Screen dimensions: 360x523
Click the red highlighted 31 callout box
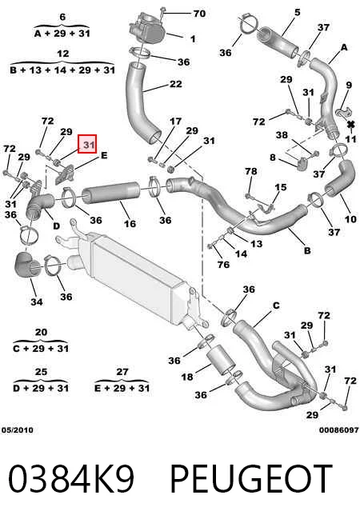[x=87, y=144]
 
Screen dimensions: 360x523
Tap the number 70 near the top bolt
[x=199, y=14]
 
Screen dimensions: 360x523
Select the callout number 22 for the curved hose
[x=176, y=84]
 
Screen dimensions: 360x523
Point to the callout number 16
[x=130, y=223]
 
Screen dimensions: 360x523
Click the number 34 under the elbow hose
[x=37, y=301]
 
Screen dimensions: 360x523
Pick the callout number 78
[x=251, y=171]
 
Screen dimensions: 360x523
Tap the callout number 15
[x=281, y=187]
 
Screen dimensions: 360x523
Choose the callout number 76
[x=223, y=265]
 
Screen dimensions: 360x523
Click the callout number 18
[x=187, y=377]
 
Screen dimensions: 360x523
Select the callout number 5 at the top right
[x=298, y=13]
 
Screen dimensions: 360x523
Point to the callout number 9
[x=349, y=85]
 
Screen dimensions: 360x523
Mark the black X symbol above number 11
[x=351, y=125]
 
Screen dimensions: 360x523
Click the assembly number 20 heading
[x=41, y=332]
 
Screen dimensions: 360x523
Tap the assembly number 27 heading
[x=122, y=372]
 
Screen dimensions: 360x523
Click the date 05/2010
[x=18, y=430]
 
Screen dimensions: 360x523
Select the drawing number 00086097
[x=338, y=430]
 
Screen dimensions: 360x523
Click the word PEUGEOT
[x=251, y=479]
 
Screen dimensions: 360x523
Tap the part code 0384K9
[x=71, y=479]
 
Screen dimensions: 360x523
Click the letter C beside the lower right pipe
[x=276, y=305]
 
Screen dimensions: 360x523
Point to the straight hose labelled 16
[x=111, y=193]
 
